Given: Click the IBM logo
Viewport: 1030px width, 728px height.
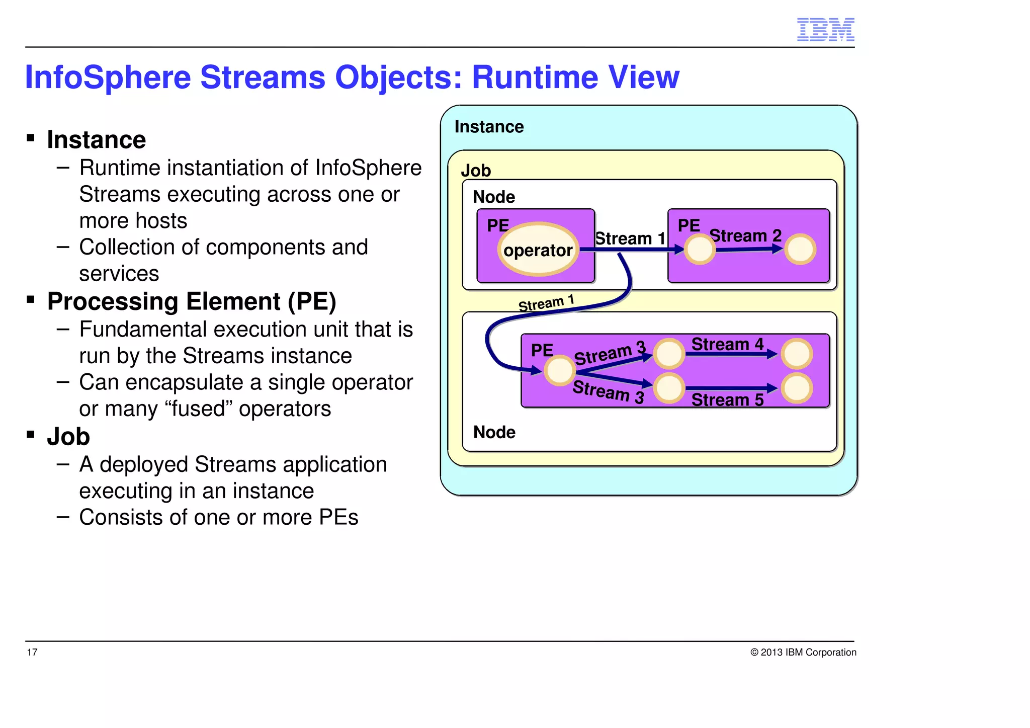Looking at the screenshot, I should click(x=825, y=29).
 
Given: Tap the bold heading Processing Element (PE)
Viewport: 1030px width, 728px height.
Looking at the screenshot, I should click(x=191, y=302).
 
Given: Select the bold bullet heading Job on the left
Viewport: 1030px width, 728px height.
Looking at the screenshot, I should click(x=68, y=437).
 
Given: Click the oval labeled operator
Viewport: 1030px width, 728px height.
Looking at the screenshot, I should click(x=538, y=250).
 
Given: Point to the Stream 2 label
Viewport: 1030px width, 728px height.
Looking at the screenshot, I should click(x=745, y=235).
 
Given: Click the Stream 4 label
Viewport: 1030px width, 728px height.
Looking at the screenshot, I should click(x=727, y=344).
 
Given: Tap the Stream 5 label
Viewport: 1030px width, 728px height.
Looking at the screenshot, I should click(x=727, y=400).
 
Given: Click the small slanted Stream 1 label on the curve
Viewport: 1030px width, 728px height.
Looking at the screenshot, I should click(x=546, y=303).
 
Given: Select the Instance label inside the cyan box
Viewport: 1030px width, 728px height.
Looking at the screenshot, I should click(x=489, y=127).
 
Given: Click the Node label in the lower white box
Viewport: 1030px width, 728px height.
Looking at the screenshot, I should click(x=494, y=432).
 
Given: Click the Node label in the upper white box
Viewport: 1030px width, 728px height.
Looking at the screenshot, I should click(x=494, y=197).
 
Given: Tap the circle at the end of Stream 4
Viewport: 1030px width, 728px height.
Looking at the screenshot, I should click(x=797, y=354).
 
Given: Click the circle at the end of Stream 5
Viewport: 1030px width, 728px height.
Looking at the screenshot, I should click(x=797, y=388).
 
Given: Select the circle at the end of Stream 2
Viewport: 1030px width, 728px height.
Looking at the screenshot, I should click(x=800, y=249).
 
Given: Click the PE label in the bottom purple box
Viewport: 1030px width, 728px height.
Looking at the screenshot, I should click(x=542, y=350).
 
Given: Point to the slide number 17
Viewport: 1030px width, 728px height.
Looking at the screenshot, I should click(x=32, y=653).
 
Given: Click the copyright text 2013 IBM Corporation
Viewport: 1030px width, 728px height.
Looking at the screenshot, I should click(x=803, y=653).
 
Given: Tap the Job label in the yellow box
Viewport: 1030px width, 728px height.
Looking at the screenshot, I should click(x=476, y=171).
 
